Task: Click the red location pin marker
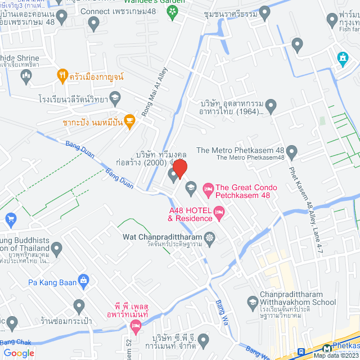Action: tap(180, 168)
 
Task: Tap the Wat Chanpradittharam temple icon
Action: tap(210, 237)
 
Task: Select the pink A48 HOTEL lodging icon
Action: tap(219, 211)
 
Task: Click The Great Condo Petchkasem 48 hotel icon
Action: tap(208, 187)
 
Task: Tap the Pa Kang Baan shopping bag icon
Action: tap(84, 280)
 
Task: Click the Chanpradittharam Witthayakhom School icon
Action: tap(253, 302)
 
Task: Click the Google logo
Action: tap(19, 353)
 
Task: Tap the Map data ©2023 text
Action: tap(335, 355)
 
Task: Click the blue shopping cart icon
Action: tap(10, 218)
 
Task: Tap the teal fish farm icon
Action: tap(342, 57)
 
